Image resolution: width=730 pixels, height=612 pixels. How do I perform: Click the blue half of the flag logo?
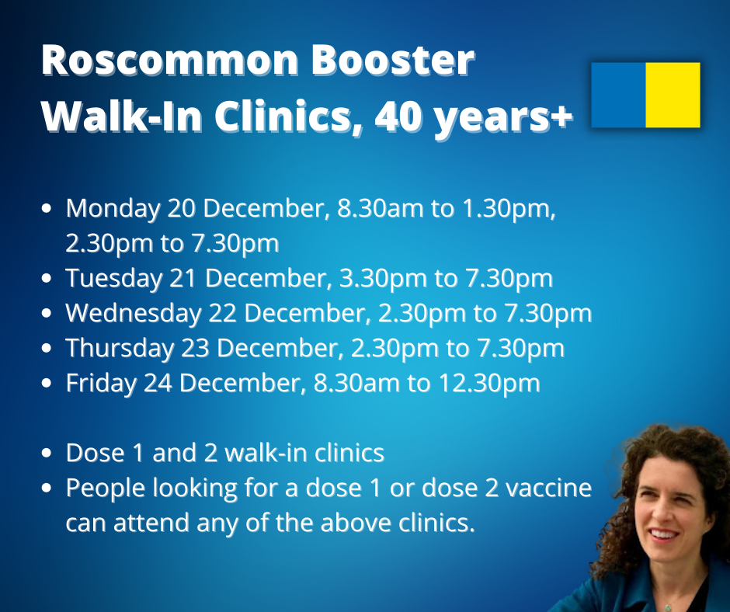point(618,95)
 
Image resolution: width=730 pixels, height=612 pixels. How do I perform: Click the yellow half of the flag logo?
point(673,95)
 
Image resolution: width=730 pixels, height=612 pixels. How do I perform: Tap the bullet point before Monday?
point(49,210)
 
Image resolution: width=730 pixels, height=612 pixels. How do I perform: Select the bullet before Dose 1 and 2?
point(49,453)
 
